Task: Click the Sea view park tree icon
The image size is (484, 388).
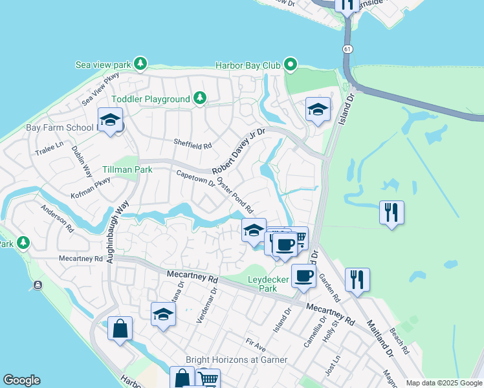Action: tap(139, 64)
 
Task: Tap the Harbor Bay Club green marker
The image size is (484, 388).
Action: tap(291, 64)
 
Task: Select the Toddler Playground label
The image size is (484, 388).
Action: tap(151, 99)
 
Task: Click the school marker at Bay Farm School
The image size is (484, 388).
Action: tap(110, 120)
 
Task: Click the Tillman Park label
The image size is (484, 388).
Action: tap(127, 169)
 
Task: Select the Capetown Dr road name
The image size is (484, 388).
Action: tap(195, 178)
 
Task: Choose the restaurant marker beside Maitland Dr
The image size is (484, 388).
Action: tap(357, 279)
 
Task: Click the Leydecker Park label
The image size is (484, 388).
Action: tap(272, 285)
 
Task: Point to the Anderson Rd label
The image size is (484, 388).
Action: tap(58, 219)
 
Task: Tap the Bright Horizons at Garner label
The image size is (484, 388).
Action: tap(236, 360)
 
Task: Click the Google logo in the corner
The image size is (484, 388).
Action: tap(21, 380)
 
